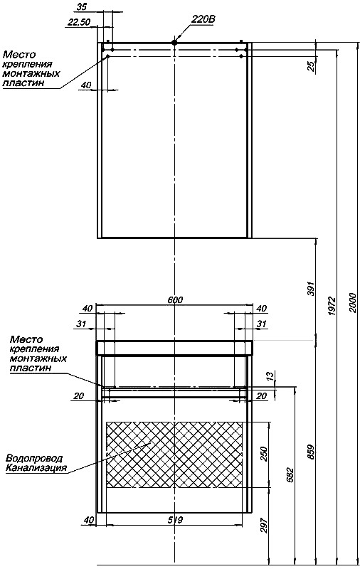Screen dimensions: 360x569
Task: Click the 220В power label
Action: [x=203, y=19]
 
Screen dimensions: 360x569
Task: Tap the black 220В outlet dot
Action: [x=174, y=43]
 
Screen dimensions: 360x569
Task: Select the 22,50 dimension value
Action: [x=79, y=23]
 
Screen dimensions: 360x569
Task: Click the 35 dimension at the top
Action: [x=82, y=6]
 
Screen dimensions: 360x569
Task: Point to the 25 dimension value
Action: [x=312, y=66]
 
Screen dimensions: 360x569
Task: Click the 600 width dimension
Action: [x=175, y=300]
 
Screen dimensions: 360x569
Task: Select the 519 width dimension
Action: [x=175, y=520]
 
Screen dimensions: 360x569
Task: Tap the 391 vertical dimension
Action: [x=312, y=289]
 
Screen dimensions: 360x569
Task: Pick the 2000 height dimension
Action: [x=354, y=302]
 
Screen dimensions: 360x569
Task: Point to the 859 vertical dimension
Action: [x=312, y=452]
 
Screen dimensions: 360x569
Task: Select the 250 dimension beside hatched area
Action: [x=264, y=454]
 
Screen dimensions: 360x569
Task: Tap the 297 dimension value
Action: [x=264, y=525]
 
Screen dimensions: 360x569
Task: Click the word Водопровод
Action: [x=34, y=458]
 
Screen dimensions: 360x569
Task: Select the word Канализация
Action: [x=36, y=467]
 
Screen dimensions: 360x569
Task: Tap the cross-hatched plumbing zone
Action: [x=174, y=454]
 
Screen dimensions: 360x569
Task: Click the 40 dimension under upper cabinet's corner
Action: [x=85, y=85]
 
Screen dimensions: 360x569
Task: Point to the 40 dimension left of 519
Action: [x=88, y=520]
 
